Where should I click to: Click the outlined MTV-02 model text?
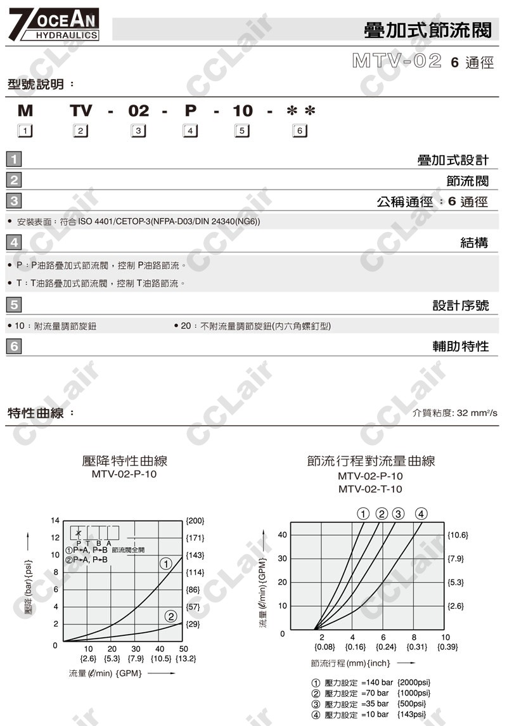[396, 62]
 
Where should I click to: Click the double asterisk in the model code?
[301, 111]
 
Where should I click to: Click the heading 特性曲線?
[36, 413]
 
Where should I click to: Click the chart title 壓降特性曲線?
[125, 461]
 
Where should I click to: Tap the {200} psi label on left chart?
[195, 521]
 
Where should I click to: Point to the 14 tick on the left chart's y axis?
[55, 521]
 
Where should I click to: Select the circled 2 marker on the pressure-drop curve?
[170, 616]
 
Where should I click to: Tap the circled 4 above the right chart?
[421, 514]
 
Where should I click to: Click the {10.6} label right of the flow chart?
[458, 535]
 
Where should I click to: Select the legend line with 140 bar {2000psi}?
[370, 682]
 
